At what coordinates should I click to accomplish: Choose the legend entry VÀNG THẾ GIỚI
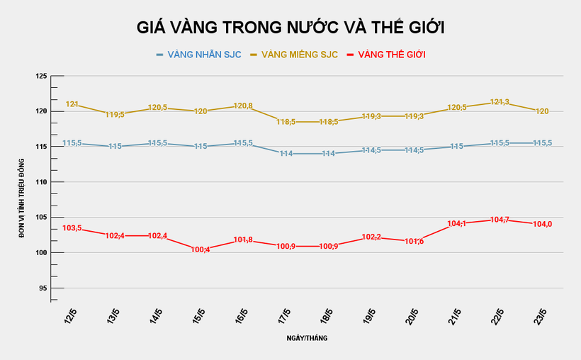tap(391, 55)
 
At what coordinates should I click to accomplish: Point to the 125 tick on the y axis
tap(40, 76)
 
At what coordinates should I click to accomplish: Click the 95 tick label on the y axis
tap(43, 288)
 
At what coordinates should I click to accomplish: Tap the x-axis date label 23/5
tap(542, 317)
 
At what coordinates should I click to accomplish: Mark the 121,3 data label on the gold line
tap(499, 102)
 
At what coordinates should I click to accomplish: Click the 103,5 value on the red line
tap(72, 228)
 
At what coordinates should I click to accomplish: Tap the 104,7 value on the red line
tap(499, 220)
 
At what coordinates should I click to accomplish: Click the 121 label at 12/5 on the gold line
tap(72, 104)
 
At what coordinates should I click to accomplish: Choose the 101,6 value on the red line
tap(414, 242)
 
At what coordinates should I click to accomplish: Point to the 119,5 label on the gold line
tap(115, 115)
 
